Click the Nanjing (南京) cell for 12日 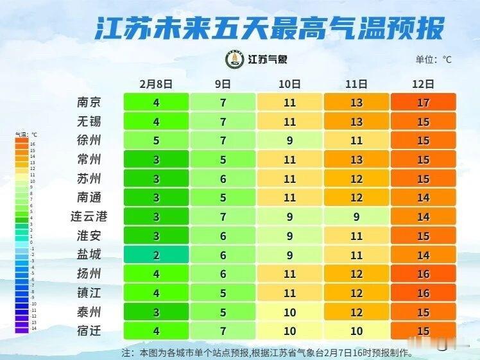coord(423,102)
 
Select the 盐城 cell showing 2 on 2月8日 coord(156,255)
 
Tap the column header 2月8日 coord(156,83)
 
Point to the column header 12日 coord(423,83)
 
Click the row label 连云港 coord(89,216)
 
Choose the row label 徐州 coord(89,140)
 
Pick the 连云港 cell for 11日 coord(356,217)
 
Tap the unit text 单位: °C coord(434,60)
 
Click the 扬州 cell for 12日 coord(423,274)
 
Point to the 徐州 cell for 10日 coord(289,141)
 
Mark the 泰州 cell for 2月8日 coord(156,313)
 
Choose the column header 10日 coord(289,83)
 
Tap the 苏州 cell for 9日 coord(223,179)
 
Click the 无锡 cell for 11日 coord(356,121)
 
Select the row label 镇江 coord(89,293)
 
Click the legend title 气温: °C coord(26,135)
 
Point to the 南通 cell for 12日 coord(423,198)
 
